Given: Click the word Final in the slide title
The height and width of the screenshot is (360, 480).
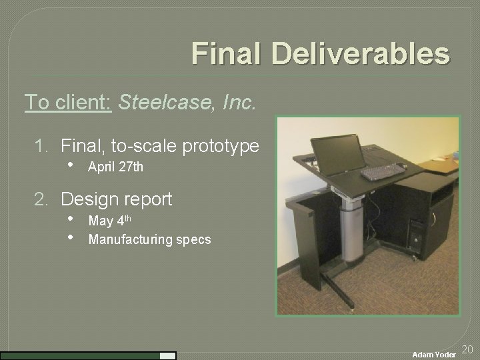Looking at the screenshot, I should point(219,54).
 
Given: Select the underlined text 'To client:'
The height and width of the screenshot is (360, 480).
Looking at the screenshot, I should point(67,102).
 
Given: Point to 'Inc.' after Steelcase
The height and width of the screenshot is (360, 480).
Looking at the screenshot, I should point(239,102).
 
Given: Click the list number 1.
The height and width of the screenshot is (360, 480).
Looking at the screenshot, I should point(41,145).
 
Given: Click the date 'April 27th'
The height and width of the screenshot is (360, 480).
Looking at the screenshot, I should point(115,167).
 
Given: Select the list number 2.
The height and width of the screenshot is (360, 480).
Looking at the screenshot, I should point(41,199).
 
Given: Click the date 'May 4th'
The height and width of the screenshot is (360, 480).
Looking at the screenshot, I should point(109,221).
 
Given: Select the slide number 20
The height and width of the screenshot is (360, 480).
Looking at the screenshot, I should point(467,349).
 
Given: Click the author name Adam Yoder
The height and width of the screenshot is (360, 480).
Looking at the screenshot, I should point(434,355).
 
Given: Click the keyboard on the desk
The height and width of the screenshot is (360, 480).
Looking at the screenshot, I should point(383,172).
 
